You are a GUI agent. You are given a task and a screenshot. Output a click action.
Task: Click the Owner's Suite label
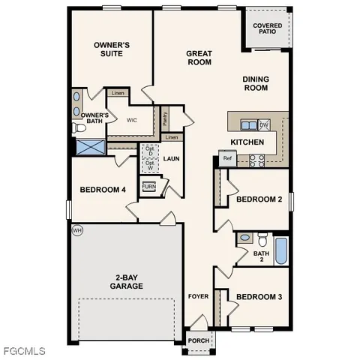tap(112, 49)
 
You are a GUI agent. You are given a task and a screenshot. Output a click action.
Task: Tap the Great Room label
tap(199, 58)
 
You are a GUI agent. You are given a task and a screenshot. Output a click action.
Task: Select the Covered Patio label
tap(267, 28)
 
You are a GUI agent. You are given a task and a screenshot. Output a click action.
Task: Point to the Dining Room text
tap(255, 83)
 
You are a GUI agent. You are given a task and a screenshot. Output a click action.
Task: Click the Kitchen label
tap(246, 142)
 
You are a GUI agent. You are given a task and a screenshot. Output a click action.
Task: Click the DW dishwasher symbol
tap(264, 124)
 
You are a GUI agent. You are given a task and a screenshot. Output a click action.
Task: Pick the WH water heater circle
tap(76, 229)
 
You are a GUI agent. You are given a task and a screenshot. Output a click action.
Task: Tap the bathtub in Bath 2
tap(280, 250)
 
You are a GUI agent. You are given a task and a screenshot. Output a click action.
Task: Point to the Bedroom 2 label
tap(259, 199)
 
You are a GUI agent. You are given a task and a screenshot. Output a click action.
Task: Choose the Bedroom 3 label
tap(259, 297)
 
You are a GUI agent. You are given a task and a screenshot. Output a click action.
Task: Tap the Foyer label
tap(198, 297)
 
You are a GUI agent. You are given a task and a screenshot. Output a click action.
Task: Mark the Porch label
tap(199, 340)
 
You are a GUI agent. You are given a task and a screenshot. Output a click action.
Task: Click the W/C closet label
tap(131, 120)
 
